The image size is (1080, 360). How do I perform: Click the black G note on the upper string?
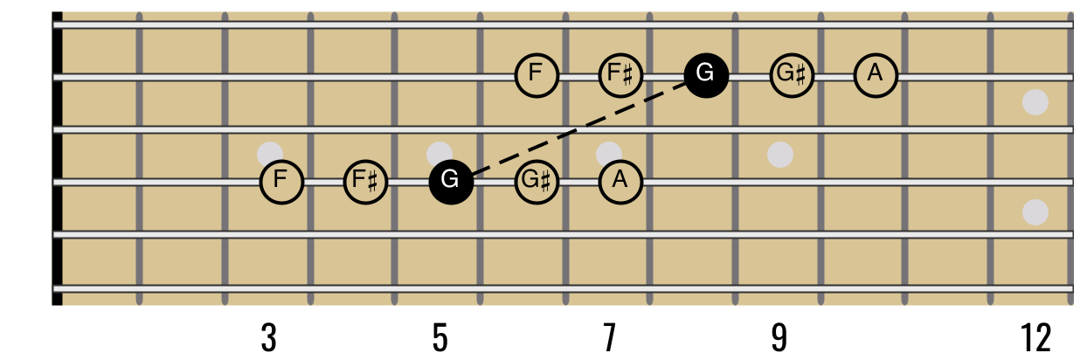point(706,75)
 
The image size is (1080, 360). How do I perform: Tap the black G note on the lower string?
point(451,182)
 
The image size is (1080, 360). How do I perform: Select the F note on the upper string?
point(537,75)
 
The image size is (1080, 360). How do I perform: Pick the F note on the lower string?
point(281,182)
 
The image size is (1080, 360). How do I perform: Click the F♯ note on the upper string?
point(620,75)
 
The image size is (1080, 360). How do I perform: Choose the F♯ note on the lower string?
point(365,182)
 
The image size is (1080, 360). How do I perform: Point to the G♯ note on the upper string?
point(792,75)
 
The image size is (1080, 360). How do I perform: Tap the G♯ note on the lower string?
point(537,182)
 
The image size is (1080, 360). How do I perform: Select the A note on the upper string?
point(876,75)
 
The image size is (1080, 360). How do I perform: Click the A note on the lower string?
point(620,182)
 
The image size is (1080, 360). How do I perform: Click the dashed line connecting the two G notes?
point(578,128)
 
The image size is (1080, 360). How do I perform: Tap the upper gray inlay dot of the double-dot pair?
point(1035,102)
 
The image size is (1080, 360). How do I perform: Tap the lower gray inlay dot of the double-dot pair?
point(1035,212)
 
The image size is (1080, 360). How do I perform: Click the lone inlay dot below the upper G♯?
point(779,155)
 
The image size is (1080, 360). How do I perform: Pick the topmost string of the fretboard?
point(350,24)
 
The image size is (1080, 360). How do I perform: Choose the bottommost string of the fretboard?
point(350,288)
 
